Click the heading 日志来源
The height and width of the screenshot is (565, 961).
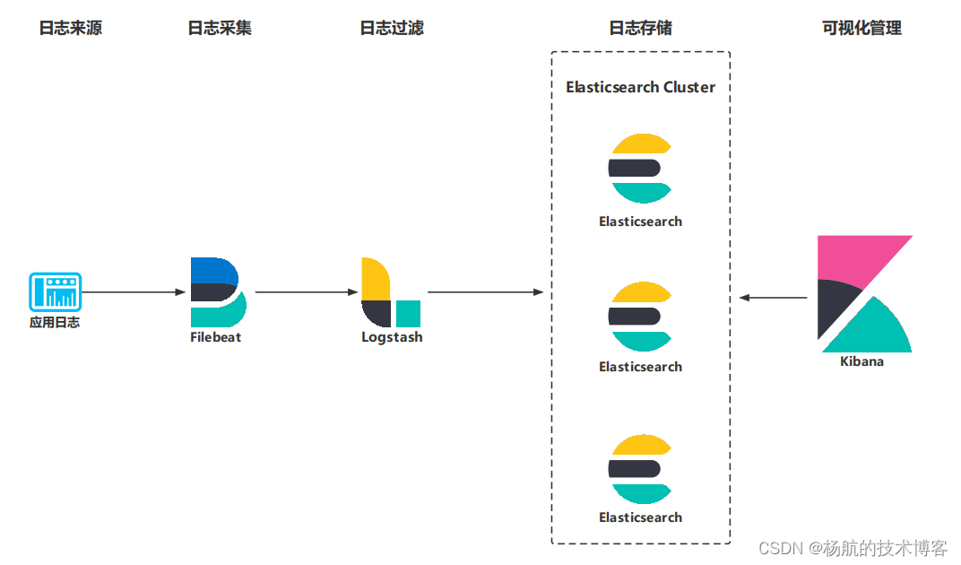point(70,28)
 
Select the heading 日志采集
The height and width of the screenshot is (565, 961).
point(220,28)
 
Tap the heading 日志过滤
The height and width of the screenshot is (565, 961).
point(392,28)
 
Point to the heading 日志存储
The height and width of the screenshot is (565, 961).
point(640,28)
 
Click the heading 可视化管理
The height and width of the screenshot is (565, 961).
point(861,28)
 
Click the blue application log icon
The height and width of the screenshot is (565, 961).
point(55,291)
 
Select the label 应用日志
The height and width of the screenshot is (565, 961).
point(55,322)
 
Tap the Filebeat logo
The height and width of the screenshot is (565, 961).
point(217,292)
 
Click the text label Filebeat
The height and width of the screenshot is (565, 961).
point(216,338)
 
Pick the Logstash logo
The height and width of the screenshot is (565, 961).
point(390,292)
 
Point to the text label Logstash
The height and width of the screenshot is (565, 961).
point(392,338)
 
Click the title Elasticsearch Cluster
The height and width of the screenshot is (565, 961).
point(640,87)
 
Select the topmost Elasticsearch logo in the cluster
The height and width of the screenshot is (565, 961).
point(640,168)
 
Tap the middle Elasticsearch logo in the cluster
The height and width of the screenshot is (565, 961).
point(640,316)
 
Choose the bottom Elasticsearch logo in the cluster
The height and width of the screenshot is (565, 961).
point(640,468)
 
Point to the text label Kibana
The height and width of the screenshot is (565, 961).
point(861,361)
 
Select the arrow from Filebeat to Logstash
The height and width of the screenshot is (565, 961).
point(306,292)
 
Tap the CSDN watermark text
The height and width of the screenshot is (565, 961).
point(853,547)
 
